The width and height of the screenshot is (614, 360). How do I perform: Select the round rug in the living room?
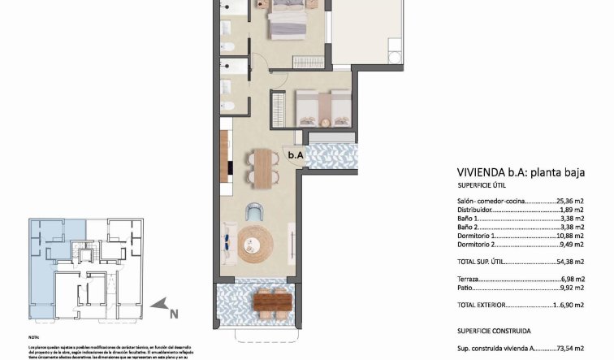[x=257, y=244]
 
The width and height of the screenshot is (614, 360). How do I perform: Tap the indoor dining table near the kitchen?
[x=263, y=167]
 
